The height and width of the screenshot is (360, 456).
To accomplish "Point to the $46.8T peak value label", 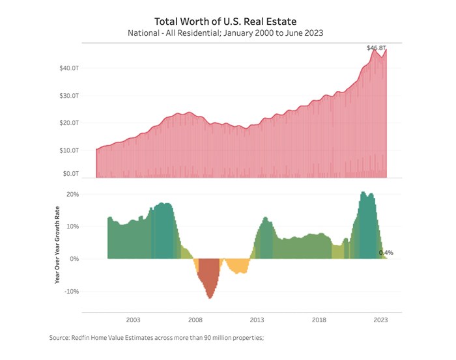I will pyautogui.click(x=377, y=48).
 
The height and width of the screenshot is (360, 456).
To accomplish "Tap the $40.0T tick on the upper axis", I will pyautogui.click(x=69, y=68).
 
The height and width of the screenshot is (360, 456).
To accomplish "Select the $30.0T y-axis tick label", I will pyautogui.click(x=69, y=95).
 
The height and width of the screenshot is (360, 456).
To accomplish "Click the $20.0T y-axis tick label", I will pyautogui.click(x=69, y=122).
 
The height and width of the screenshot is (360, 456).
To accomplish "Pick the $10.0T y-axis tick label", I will pyautogui.click(x=69, y=150).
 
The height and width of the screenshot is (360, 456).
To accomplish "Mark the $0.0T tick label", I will pyautogui.click(x=70, y=174).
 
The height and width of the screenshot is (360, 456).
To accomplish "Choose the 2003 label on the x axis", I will pyautogui.click(x=133, y=320).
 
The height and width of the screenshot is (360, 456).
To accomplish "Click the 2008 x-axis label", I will pyautogui.click(x=195, y=320).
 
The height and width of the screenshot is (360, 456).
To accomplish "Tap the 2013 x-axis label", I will pyautogui.click(x=257, y=320).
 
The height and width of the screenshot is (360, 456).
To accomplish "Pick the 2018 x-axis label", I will pyautogui.click(x=319, y=320).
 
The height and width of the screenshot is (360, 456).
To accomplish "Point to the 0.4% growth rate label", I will pyautogui.click(x=386, y=253).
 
